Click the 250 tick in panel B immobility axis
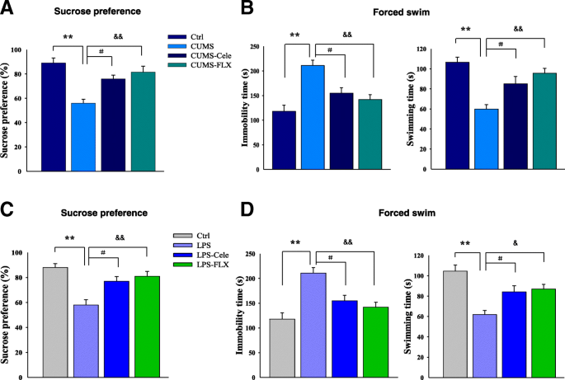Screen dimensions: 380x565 pos(267,49)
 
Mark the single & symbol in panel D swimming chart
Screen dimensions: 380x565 pos(515,242)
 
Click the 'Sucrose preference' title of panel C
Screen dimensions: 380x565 pos(91,212)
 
